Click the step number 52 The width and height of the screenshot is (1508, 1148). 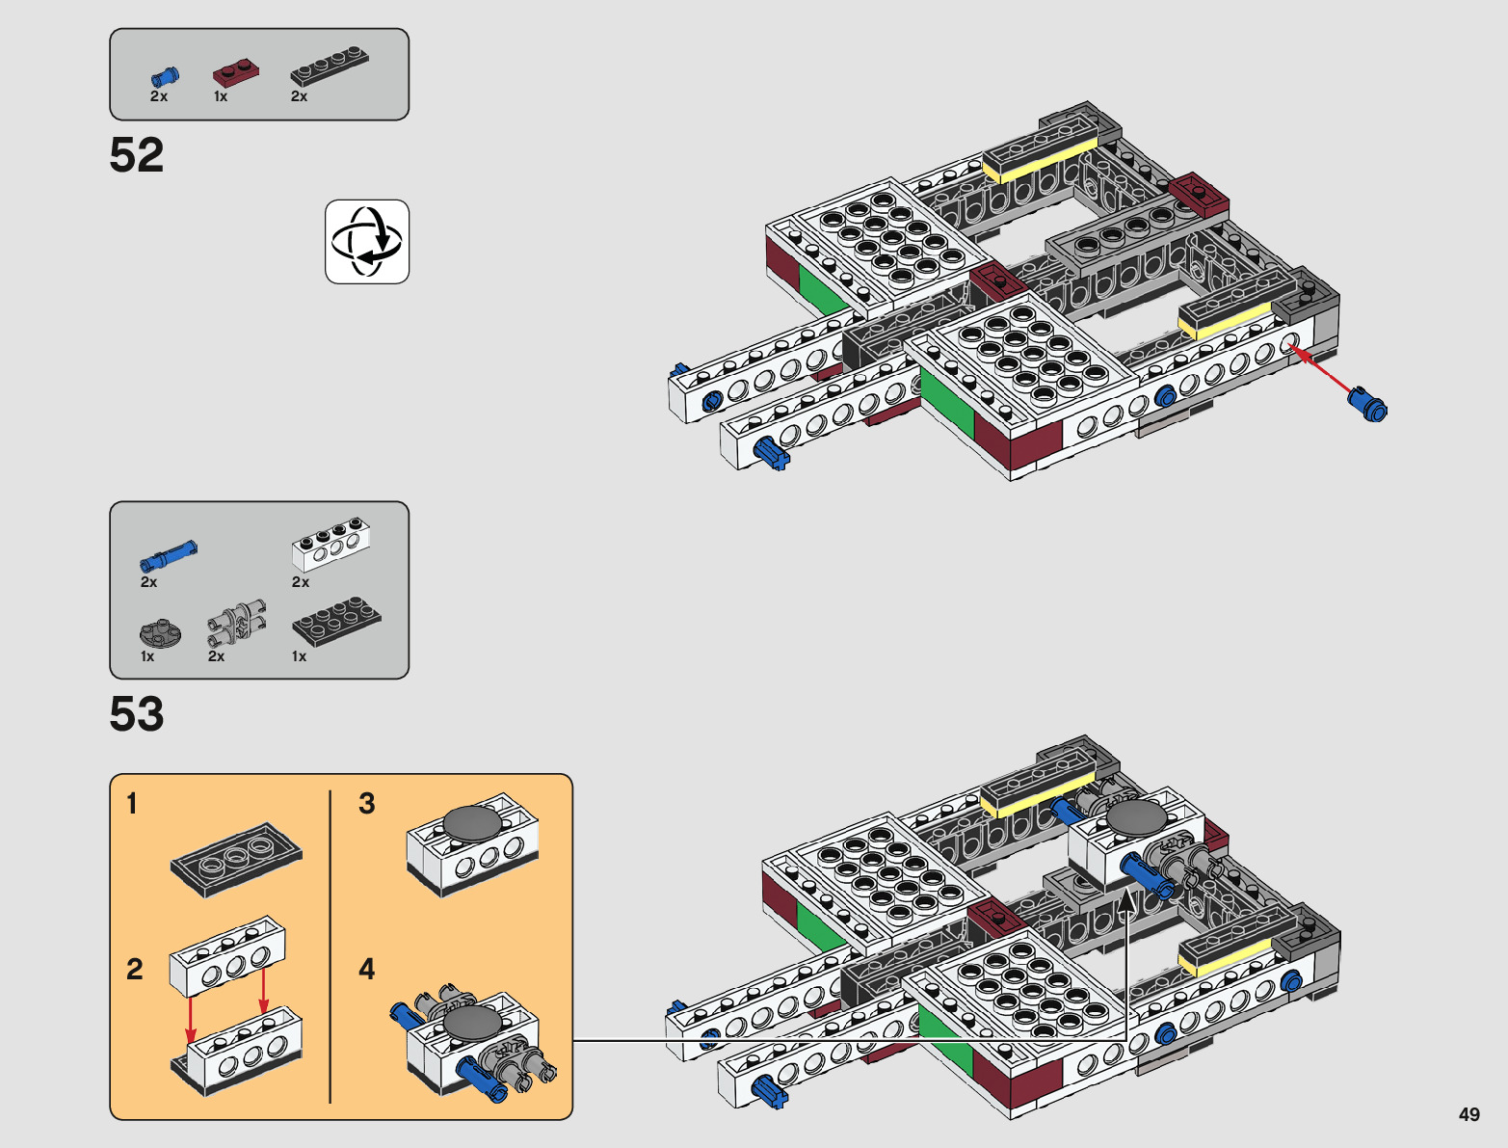pos(137,154)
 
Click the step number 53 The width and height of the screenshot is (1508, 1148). pos(137,714)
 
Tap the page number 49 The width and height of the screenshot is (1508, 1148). pos(1468,1114)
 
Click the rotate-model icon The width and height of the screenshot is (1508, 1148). pos(367,242)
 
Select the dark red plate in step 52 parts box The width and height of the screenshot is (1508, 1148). pos(236,73)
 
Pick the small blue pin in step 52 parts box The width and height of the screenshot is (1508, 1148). pos(165,76)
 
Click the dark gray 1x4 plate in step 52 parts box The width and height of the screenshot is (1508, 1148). pos(330,66)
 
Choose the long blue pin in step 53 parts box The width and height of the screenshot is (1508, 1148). pos(169,556)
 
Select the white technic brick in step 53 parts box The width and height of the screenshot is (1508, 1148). pos(331,545)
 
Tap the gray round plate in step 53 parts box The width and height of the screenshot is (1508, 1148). pos(160,634)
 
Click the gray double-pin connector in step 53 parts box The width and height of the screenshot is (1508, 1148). pos(237,623)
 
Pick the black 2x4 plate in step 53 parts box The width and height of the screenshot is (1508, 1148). pos(336,622)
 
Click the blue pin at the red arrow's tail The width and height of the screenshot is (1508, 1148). pos(1367,405)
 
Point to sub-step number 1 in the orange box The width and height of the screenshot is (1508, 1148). pos(133,804)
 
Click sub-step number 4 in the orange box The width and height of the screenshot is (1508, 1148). pos(367,970)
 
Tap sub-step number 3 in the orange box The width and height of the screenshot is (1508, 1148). pos(367,804)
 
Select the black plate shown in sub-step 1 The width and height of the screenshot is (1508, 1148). pos(236,860)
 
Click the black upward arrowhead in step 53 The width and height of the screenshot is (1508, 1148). pos(1126,905)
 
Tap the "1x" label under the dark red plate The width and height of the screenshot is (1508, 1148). pos(221,96)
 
